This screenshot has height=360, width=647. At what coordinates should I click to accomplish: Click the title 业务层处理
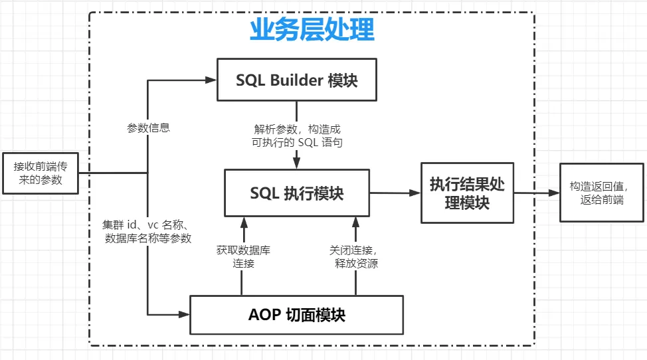point(311,30)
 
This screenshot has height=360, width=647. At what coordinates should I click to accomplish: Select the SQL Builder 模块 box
point(296,80)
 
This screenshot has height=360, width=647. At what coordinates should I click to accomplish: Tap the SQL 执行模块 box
point(296,193)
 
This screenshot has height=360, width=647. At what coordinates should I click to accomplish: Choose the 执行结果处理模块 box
point(467,193)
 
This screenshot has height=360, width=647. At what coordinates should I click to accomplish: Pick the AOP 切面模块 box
point(296,315)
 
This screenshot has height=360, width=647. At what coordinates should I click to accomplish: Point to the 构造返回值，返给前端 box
point(602,193)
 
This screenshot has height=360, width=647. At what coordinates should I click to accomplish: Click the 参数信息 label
point(149,128)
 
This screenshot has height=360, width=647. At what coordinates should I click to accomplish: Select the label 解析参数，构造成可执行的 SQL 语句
point(298,136)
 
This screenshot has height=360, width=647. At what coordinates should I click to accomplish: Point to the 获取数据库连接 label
point(243,257)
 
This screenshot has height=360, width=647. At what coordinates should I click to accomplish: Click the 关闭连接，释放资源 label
point(355,257)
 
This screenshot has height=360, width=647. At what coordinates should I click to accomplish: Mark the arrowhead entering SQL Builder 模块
point(212,80)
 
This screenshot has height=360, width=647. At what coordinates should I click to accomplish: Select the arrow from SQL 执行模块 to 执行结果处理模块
point(395,193)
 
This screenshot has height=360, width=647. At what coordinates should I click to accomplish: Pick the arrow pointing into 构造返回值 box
point(537,193)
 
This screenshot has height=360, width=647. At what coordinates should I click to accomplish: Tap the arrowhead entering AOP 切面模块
point(185,314)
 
